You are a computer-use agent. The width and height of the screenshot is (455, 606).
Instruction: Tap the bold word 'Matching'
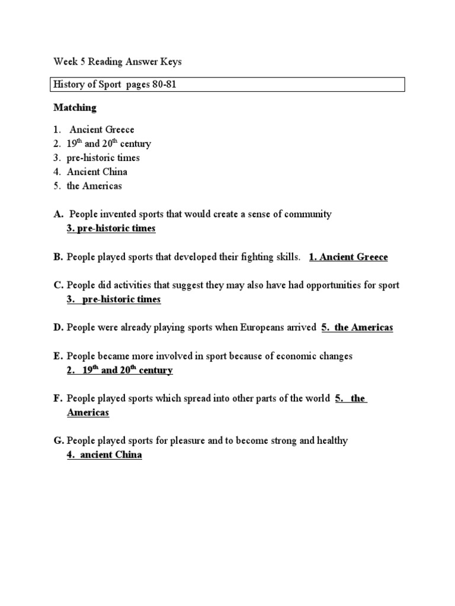click(75, 108)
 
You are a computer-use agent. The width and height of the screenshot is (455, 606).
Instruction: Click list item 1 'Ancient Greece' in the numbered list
click(102, 130)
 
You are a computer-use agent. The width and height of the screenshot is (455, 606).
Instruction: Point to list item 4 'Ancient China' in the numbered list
click(97, 172)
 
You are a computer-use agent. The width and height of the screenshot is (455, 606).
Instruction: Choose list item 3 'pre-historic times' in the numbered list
click(103, 158)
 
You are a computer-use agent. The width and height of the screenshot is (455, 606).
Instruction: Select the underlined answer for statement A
click(111, 228)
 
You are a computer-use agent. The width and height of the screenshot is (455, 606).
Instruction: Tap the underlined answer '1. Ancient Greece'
click(348, 257)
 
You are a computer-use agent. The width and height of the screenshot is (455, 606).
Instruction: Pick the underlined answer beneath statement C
click(114, 299)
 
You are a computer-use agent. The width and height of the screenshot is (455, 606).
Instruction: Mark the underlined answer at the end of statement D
click(357, 327)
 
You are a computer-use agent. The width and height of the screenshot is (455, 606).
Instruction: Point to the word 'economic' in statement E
click(298, 356)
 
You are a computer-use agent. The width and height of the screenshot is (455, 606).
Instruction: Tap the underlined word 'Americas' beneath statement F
click(88, 412)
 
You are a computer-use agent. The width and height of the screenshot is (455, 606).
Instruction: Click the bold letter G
click(58, 441)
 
